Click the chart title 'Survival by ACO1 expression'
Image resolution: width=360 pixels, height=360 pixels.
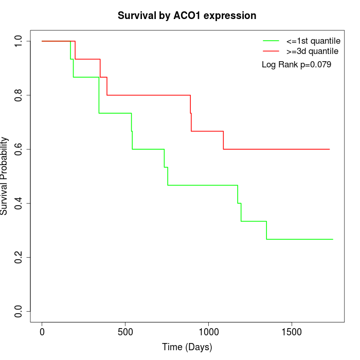pos(187,15)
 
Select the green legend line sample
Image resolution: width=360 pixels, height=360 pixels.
pos(271,41)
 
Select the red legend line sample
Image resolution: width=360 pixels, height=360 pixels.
pos(271,51)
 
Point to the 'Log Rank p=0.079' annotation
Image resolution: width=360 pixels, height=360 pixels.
pos(296,65)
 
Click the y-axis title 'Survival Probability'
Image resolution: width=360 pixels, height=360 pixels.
pos(5,176)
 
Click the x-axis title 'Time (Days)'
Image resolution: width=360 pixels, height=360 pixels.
pos(187,347)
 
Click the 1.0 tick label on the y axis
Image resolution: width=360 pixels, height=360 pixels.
pos(19,41)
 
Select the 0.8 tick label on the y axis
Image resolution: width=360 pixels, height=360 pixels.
pos(19,95)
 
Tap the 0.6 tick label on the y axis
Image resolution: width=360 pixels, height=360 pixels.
pos(19,149)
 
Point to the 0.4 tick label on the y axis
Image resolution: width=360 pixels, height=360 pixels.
pos(19,203)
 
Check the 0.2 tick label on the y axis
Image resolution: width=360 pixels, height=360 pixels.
pos(19,257)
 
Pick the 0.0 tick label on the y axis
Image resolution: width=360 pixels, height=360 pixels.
pos(19,311)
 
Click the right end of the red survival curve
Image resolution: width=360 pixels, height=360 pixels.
pos(329,149)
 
